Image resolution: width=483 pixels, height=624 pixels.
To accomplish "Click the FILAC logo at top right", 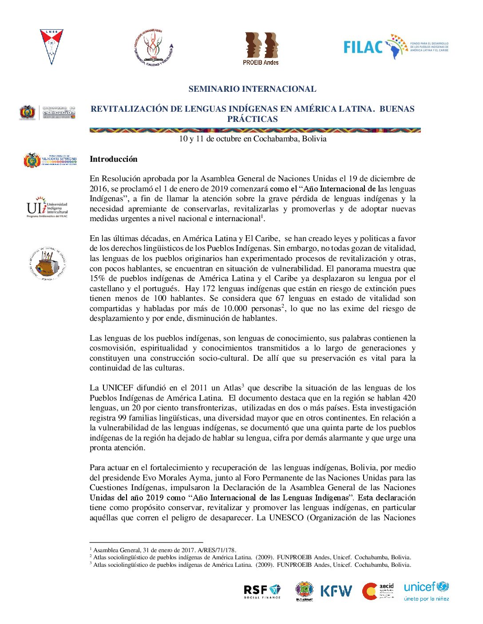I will coord(396,47).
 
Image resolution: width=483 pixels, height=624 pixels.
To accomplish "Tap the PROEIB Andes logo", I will coord(261,49).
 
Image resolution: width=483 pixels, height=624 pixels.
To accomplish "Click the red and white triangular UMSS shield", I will coord(51,47).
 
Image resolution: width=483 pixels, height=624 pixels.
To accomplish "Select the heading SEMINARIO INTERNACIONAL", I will coord(252,89).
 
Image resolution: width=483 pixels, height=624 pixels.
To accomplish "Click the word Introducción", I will coord(114,159).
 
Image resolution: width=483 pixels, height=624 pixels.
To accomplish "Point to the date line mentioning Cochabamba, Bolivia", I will coord(253,139).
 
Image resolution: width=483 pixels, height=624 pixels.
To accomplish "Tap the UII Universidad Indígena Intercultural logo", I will coord(47,207).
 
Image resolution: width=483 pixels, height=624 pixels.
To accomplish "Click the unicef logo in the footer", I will coord(426,591).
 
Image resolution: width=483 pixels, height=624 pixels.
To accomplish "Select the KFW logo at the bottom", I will coord(336,591).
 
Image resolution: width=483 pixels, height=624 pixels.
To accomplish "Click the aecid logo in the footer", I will coord(378,591).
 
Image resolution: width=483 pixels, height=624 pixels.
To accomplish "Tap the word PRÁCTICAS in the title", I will coord(253,119).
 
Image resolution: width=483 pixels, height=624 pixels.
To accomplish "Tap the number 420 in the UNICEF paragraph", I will coord(408,398).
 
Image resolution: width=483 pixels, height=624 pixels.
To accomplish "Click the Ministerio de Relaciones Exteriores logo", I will coord(50,160).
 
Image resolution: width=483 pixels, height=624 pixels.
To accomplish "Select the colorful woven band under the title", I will coord(255,130).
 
